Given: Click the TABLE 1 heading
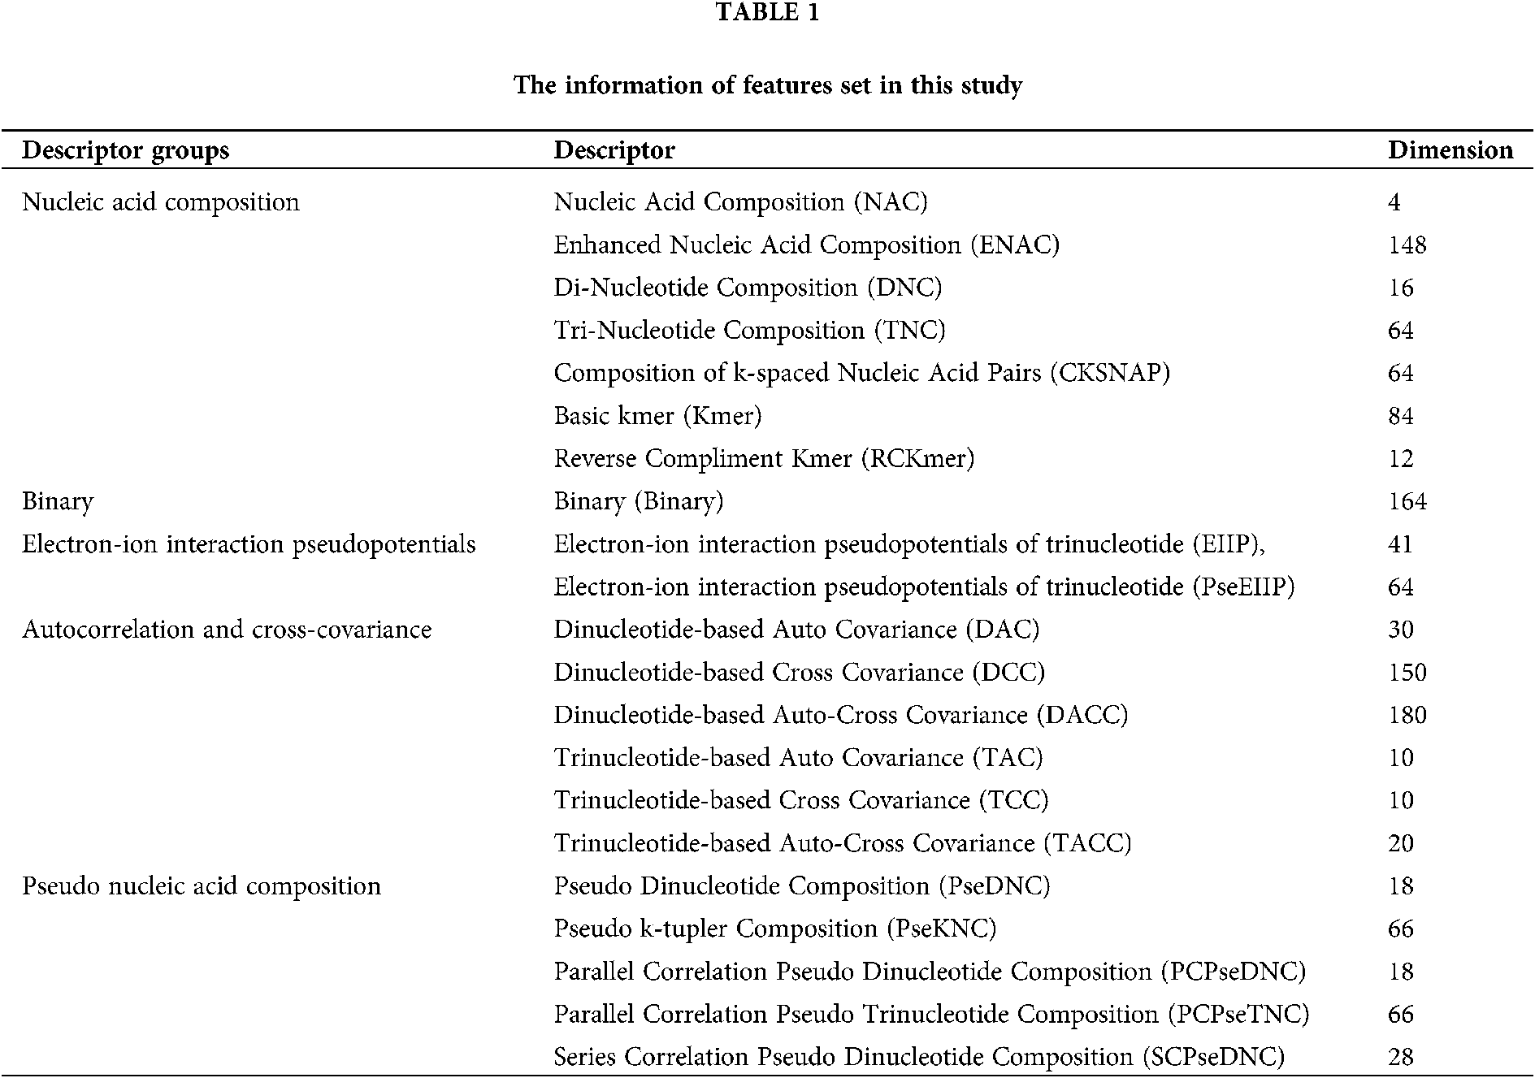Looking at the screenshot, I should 767,12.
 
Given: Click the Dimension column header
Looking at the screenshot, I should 1450,150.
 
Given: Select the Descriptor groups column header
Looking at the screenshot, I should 125,150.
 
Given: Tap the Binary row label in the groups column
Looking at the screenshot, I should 58,501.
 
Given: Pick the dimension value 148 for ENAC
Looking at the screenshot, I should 1407,245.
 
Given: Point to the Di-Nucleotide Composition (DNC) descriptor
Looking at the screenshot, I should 748,288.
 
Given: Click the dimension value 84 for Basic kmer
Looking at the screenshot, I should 1401,416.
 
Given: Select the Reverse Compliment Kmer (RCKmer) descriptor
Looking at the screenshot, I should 764,459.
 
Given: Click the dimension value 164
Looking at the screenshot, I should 1407,501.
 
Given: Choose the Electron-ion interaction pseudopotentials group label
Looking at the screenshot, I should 249,544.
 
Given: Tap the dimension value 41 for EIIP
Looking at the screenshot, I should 1400,544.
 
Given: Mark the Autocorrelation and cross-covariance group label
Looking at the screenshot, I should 227,630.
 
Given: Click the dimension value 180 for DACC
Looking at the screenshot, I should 1407,715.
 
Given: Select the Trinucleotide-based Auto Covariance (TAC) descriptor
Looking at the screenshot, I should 798,758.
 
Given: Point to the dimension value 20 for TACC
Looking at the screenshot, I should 1401,843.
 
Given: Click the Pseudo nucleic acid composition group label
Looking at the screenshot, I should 202,885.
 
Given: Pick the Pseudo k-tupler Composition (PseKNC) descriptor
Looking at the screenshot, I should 774,929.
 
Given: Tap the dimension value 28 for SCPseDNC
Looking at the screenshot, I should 1401,1057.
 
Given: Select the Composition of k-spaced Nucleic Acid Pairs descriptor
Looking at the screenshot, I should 861,373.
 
